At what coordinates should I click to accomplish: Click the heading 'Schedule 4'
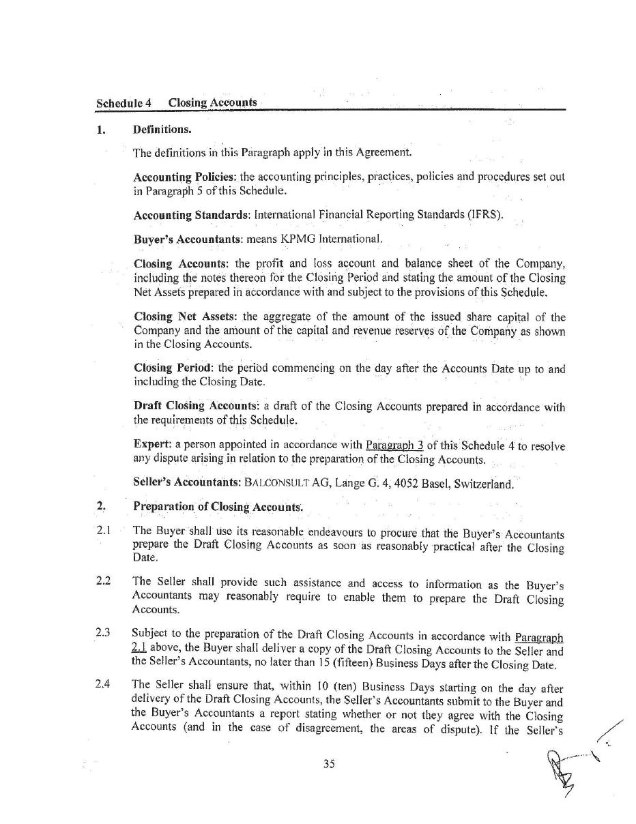click(x=124, y=103)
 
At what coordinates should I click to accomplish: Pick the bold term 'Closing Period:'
click(x=174, y=368)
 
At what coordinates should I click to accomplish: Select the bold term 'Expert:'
click(x=151, y=445)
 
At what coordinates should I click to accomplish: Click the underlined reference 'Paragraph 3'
click(x=394, y=445)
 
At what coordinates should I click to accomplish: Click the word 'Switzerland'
click(x=480, y=484)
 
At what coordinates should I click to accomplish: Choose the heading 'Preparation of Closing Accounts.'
click(x=218, y=507)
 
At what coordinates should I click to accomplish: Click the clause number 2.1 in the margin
click(x=104, y=531)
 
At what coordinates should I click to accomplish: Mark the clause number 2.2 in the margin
click(x=104, y=581)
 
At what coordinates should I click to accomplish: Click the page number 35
click(x=329, y=764)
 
